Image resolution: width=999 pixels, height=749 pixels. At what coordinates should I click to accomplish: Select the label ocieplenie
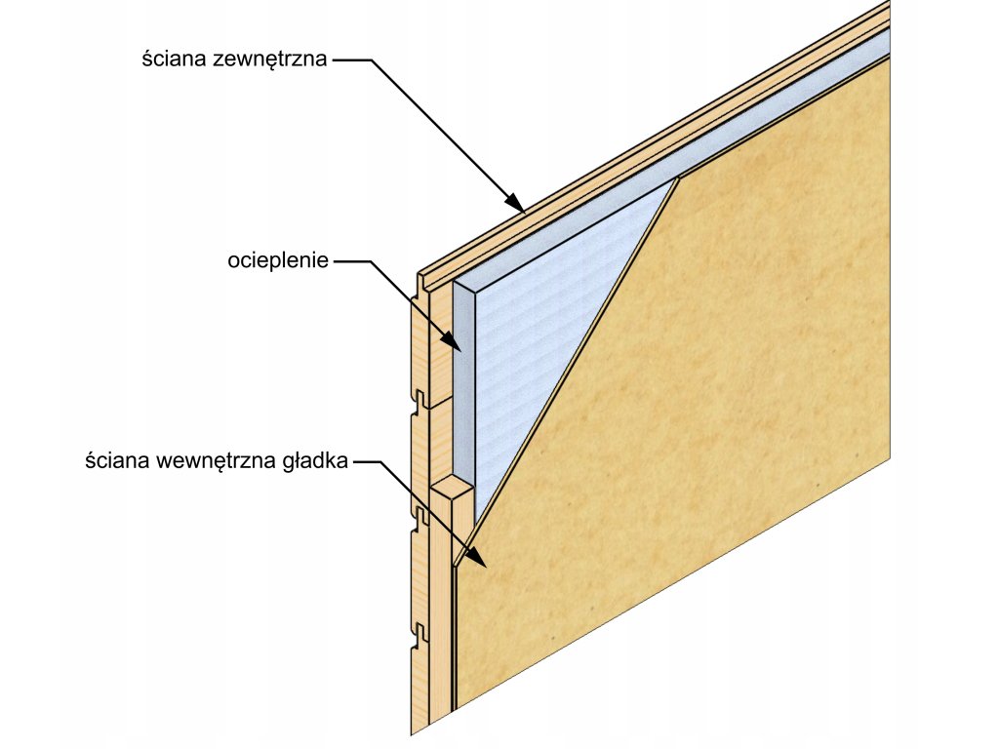(278, 260)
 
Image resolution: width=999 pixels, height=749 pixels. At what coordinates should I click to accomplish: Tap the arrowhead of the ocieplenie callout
(454, 343)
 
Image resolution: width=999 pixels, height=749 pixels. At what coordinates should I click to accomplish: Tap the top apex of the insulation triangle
(676, 179)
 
